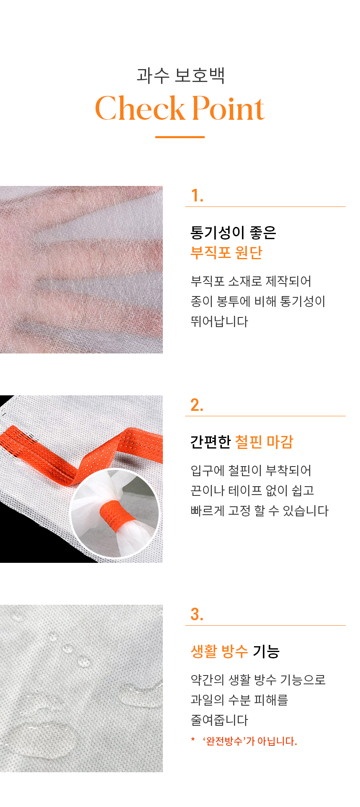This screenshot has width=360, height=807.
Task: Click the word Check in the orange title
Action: pyautogui.click(x=140, y=108)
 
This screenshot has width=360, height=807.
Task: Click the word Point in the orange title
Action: pyautogui.click(x=229, y=108)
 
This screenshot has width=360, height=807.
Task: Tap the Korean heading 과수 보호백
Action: pyautogui.click(x=181, y=75)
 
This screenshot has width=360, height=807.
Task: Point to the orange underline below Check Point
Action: pyautogui.click(x=180, y=137)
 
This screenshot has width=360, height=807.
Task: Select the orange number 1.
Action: pyautogui.click(x=197, y=196)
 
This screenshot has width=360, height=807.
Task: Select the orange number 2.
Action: pyautogui.click(x=197, y=405)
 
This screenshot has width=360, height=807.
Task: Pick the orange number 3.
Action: pyautogui.click(x=197, y=614)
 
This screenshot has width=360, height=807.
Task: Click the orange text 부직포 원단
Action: pyautogui.click(x=226, y=253)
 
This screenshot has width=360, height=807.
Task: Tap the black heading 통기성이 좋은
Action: pyautogui.click(x=233, y=232)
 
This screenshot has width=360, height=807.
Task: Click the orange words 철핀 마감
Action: pyautogui.click(x=264, y=442)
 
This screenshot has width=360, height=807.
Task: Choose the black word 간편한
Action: pyautogui.click(x=211, y=442)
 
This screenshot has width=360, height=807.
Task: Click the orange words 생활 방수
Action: pyautogui.click(x=219, y=651)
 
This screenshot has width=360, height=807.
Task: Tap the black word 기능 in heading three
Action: pyautogui.click(x=266, y=651)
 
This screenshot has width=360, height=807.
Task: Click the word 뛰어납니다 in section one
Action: pyautogui.click(x=219, y=321)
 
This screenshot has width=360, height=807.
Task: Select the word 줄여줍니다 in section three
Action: pyautogui.click(x=219, y=720)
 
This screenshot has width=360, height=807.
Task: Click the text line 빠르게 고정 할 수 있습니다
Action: pyautogui.click(x=260, y=510)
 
